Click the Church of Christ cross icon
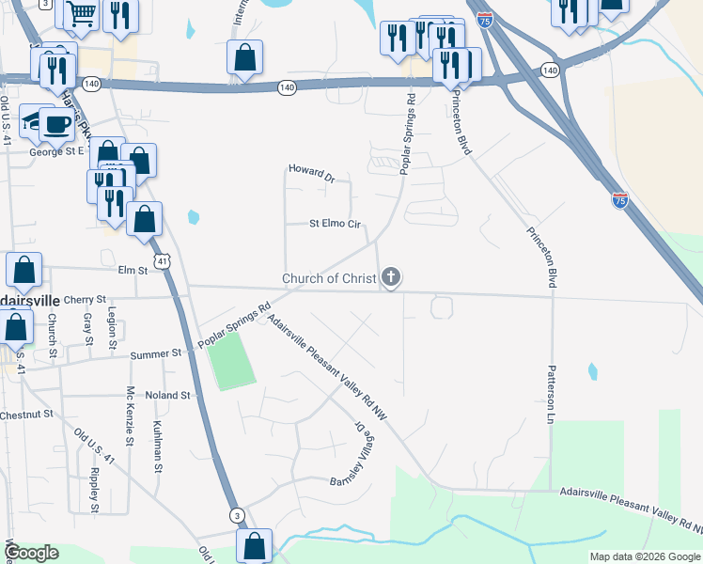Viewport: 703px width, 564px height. pos(391,277)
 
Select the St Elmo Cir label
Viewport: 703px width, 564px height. pos(336,224)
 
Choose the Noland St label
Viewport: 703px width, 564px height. pos(168,396)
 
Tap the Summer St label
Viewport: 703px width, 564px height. pos(155,353)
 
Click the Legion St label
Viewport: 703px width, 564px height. pos(112,328)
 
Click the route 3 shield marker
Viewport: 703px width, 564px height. pos(238,514)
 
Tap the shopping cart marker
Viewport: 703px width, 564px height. pos(82,13)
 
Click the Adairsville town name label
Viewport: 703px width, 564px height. pos(29,299)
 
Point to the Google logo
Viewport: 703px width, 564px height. pos(32,552)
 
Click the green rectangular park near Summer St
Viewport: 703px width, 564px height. pos(230,362)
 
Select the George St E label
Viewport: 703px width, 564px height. pos(56,150)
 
